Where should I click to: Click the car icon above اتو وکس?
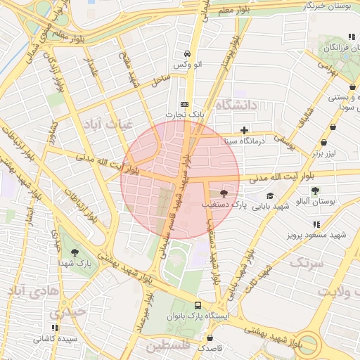(x=186, y=53)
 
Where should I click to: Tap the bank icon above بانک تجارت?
(x=184, y=103)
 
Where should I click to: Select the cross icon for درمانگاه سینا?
(x=244, y=130)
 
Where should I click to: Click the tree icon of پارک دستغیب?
(x=224, y=193)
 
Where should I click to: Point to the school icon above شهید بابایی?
(x=271, y=196)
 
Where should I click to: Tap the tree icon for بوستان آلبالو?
(x=314, y=190)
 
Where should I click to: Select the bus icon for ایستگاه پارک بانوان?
(x=198, y=306)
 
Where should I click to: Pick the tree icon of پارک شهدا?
(x=75, y=252)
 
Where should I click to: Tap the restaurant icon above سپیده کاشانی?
(x=55, y=328)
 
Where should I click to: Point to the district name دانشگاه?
(x=238, y=105)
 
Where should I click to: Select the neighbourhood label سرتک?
(x=306, y=263)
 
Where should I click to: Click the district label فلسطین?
(x=169, y=347)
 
